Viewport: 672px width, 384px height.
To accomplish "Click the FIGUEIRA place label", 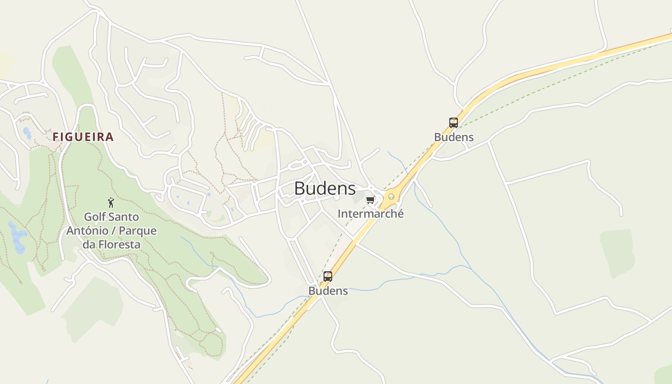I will pyautogui.click(x=83, y=137).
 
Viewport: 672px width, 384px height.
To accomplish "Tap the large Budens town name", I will pyautogui.click(x=325, y=188).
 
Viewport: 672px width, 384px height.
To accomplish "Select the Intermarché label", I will pyautogui.click(x=371, y=214).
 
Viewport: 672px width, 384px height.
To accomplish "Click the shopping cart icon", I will pyautogui.click(x=370, y=200).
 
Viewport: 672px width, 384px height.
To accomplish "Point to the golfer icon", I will pyautogui.click(x=111, y=203).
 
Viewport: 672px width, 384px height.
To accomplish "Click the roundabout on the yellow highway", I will pyautogui.click(x=391, y=196).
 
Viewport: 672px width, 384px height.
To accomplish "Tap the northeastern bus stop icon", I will pyautogui.click(x=454, y=122).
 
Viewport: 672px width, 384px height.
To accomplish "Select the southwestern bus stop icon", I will pyautogui.click(x=328, y=276).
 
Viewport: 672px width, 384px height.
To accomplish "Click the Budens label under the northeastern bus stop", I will pyautogui.click(x=454, y=137).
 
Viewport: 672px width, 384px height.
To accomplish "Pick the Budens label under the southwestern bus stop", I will pyautogui.click(x=328, y=291).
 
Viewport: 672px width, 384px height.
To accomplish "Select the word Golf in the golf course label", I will pyautogui.click(x=95, y=217).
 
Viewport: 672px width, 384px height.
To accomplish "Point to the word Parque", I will pyautogui.click(x=137, y=231).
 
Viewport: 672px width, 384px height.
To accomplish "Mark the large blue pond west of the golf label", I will pyautogui.click(x=17, y=238).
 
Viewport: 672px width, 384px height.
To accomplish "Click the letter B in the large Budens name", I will pyautogui.click(x=300, y=188).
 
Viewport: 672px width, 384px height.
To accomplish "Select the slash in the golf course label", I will pyautogui.click(x=114, y=231).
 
